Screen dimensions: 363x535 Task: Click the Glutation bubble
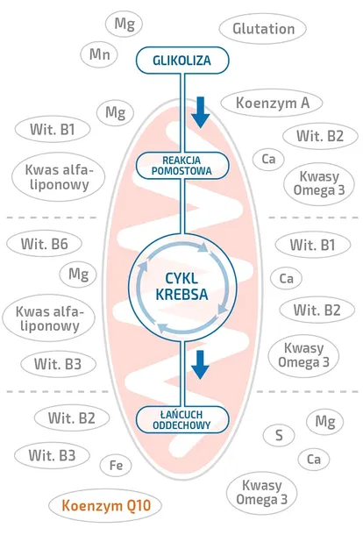262,29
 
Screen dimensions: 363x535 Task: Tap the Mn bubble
99,54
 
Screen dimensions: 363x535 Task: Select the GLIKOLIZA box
182,60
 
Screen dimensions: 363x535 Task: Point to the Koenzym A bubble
272,103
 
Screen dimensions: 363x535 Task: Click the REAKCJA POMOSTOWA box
182,166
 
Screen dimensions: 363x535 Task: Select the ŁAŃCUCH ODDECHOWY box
182,420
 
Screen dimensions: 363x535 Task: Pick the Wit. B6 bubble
45,244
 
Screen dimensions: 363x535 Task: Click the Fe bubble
116,466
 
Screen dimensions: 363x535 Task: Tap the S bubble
279,435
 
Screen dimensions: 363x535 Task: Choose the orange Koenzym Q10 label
105,506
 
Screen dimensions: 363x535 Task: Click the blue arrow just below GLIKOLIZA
200,112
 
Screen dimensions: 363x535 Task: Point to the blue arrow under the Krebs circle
200,364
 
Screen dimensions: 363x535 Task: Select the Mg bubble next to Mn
124,24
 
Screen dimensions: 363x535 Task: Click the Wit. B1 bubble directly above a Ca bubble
313,245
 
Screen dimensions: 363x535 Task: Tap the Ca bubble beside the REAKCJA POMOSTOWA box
268,159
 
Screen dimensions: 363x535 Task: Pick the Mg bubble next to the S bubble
325,421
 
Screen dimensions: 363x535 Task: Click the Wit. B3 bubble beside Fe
52,455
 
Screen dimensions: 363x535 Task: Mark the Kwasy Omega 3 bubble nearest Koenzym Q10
261,492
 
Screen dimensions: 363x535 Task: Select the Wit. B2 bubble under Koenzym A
320,136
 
